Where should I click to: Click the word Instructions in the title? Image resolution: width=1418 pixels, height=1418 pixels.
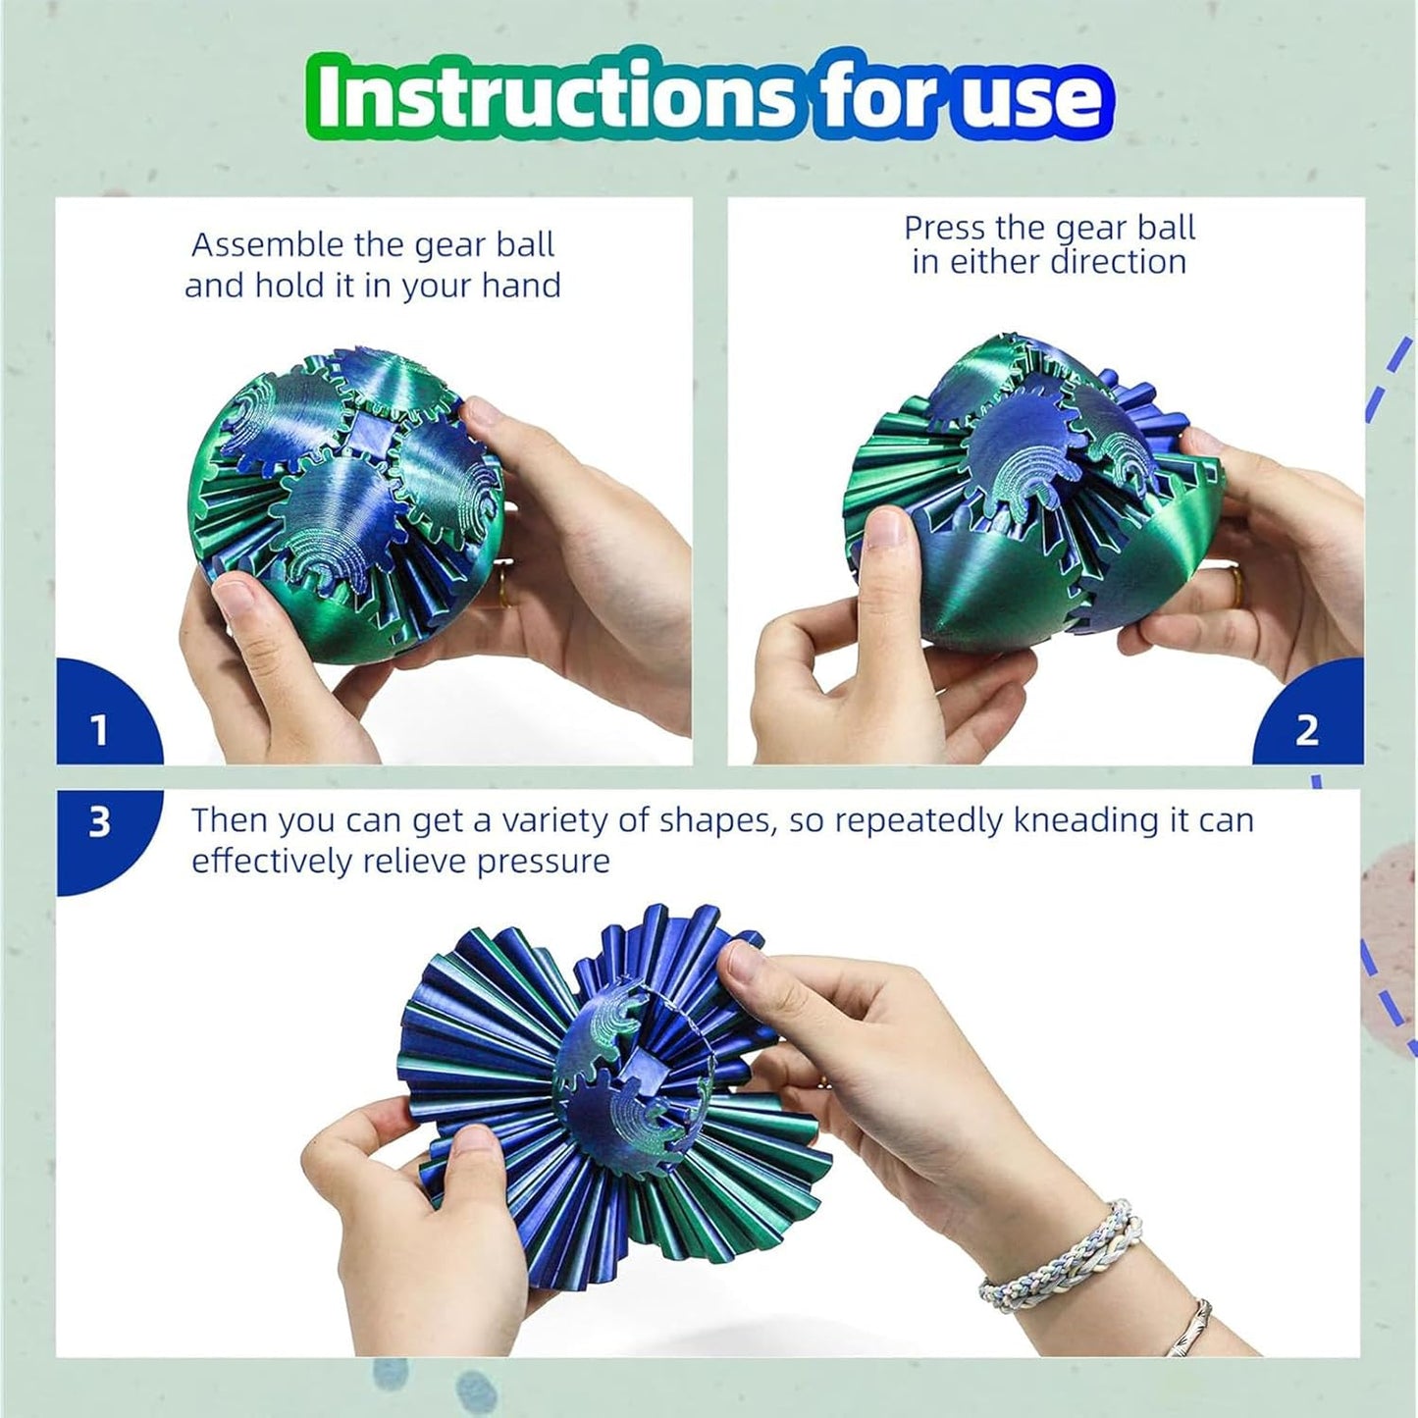tap(551, 95)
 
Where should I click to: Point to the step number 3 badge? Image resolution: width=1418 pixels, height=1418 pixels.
tap(99, 822)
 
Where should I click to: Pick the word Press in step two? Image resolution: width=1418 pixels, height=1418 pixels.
tap(945, 228)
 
